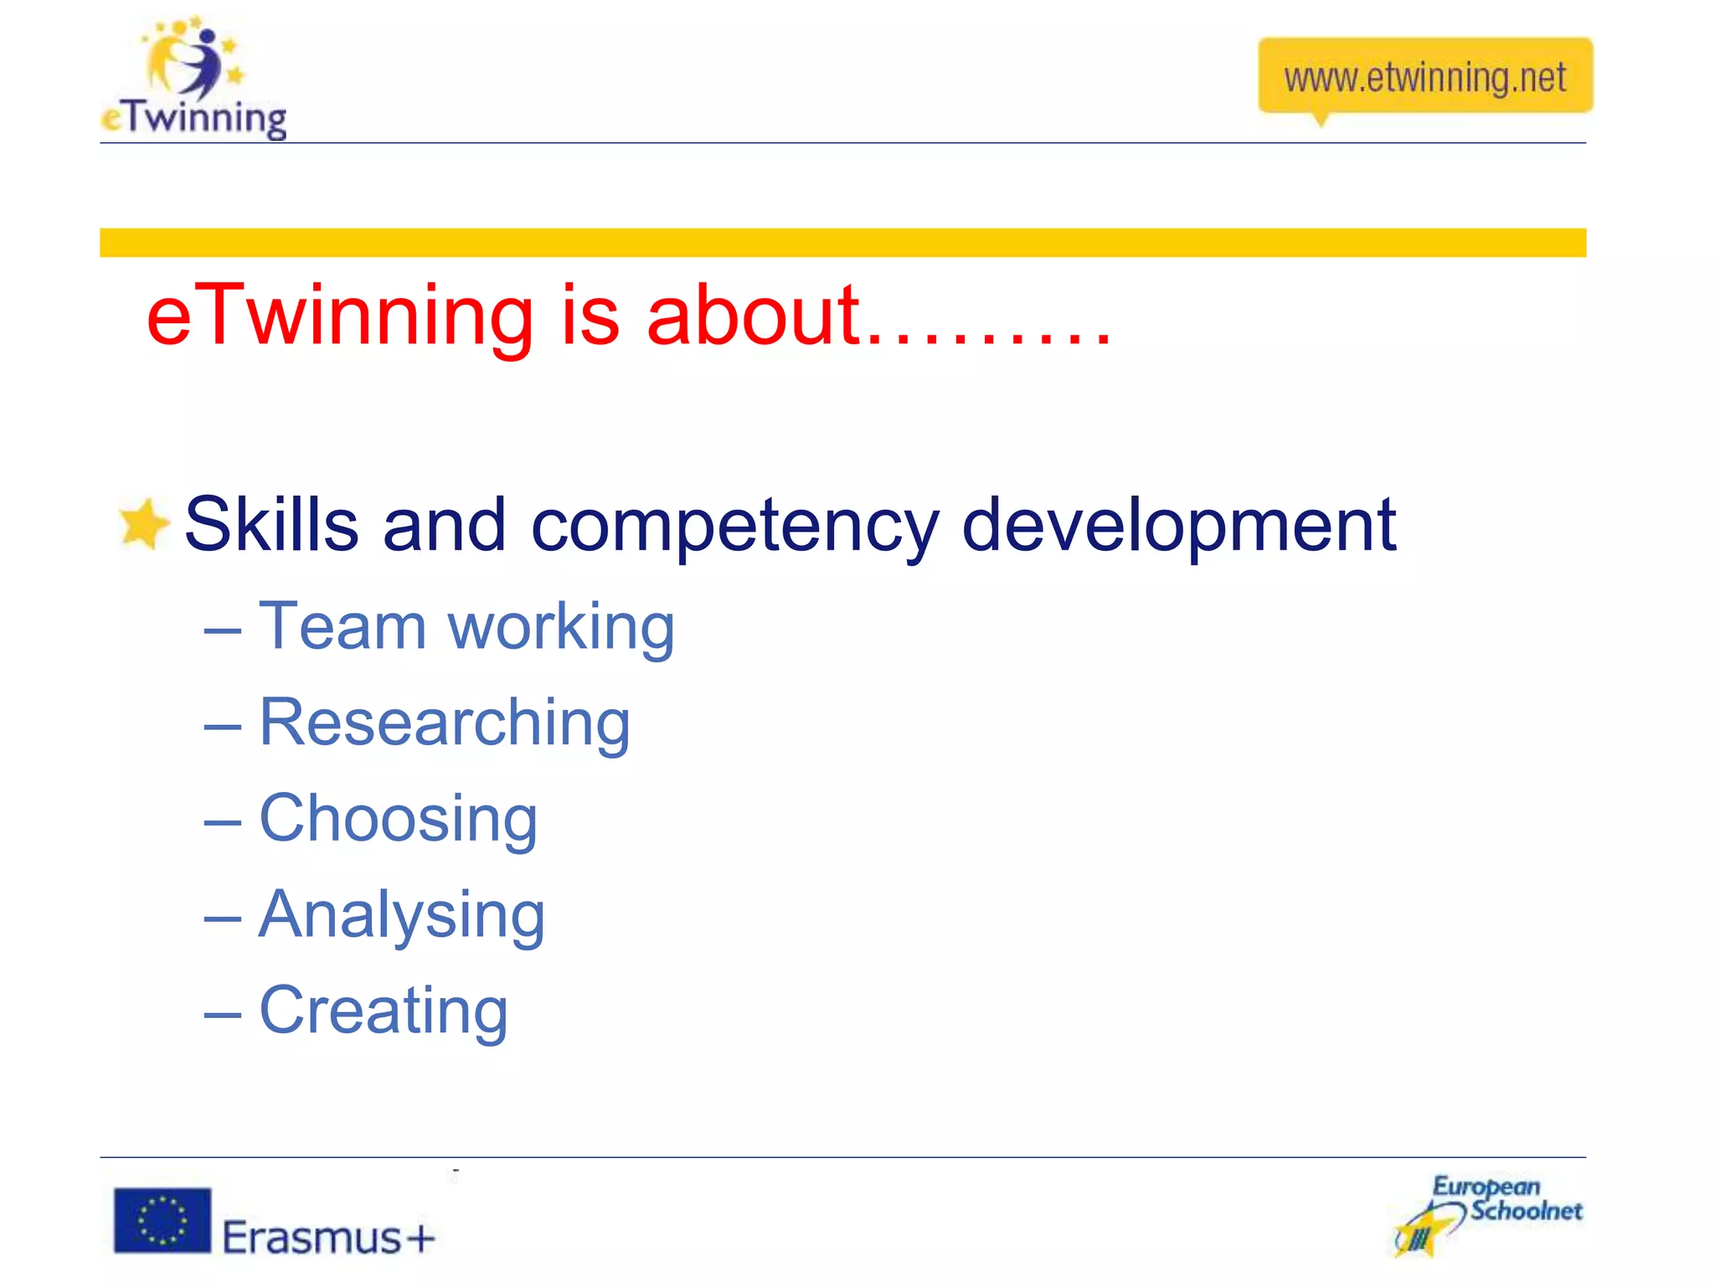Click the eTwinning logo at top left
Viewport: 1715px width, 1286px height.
[x=194, y=79]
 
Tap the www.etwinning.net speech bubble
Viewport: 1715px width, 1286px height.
[x=1424, y=77]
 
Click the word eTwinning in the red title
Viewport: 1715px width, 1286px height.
[x=339, y=316]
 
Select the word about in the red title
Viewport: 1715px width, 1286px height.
[x=754, y=316]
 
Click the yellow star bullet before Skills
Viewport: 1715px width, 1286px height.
[x=143, y=525]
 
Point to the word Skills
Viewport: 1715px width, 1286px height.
[x=270, y=525]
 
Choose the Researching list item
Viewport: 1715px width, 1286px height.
[x=444, y=724]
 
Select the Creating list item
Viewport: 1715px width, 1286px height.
[x=384, y=1011]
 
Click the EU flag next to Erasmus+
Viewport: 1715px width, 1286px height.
[x=162, y=1221]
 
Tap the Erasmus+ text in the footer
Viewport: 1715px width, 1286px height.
[x=329, y=1237]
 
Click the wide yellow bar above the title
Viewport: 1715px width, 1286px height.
[x=842, y=243]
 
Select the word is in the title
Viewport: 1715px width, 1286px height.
[x=590, y=316]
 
